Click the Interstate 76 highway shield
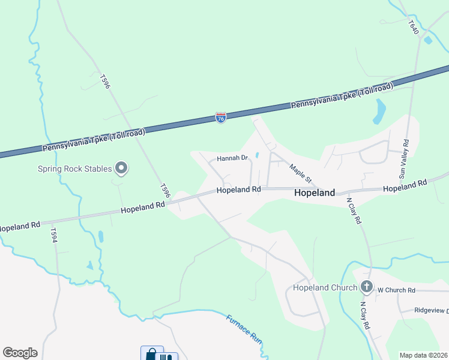click(x=221, y=118)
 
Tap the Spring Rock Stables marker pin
click(x=121, y=169)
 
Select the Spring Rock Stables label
click(x=75, y=169)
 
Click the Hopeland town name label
click(x=315, y=194)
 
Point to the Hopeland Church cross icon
click(x=367, y=287)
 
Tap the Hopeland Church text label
click(x=325, y=288)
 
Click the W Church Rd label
click(x=396, y=290)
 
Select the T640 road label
click(x=413, y=27)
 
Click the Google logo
click(x=20, y=352)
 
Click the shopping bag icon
click(x=151, y=354)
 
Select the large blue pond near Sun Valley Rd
click(x=379, y=110)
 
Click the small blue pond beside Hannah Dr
click(x=257, y=155)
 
